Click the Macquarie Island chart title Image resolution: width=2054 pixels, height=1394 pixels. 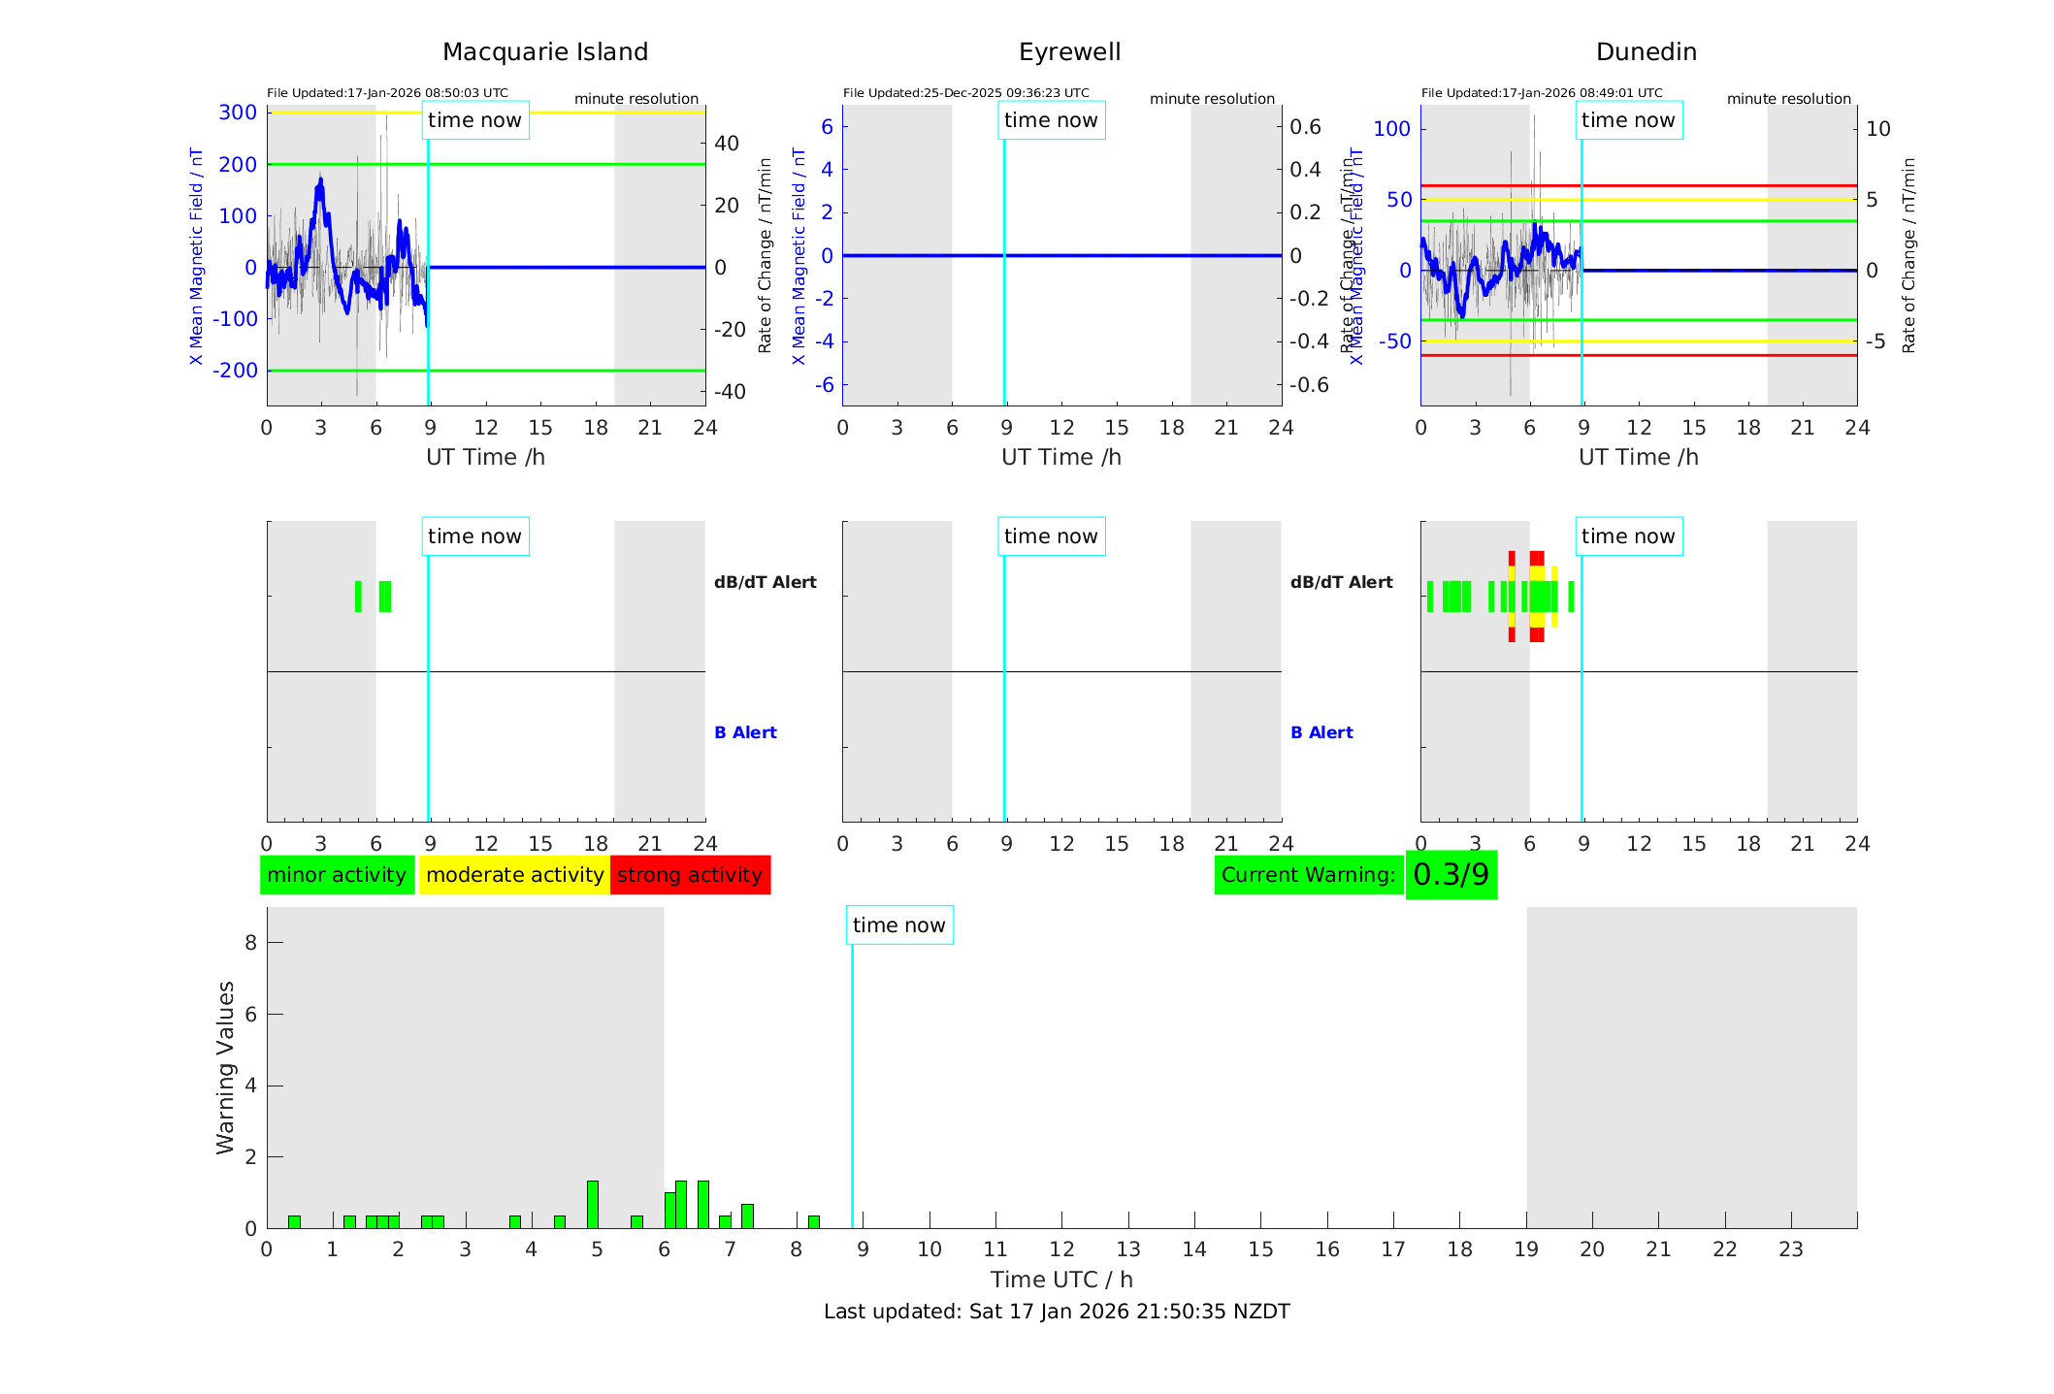coord(545,52)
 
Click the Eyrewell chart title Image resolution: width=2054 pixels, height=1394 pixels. coord(1069,52)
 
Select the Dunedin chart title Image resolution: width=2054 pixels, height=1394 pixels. coord(1646,52)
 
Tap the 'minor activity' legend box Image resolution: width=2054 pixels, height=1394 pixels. coord(337,875)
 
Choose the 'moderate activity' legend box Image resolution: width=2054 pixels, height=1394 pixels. coord(514,875)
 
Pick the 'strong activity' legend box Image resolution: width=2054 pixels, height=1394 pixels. coord(690,875)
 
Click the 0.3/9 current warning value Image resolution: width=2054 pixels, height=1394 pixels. coord(1451,875)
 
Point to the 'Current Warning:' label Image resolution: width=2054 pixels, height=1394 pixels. coord(1308,875)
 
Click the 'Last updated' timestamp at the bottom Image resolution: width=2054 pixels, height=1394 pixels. coord(1057,1312)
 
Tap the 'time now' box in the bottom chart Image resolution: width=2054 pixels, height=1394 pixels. coord(898,925)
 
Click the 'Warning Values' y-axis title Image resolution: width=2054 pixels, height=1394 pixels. coord(225,1067)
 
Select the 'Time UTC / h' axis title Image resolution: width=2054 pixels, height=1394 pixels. coord(1061,1280)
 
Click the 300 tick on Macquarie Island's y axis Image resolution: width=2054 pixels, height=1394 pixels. coord(238,113)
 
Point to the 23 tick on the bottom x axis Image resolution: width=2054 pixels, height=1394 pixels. coord(1790,1249)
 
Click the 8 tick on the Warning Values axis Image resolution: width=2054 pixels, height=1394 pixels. coord(250,943)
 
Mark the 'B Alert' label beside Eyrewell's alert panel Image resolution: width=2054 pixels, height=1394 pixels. coord(1321,732)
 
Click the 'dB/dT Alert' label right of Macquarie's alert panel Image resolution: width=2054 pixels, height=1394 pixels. coord(765,582)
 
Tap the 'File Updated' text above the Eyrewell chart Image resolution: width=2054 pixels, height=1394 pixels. coord(965,93)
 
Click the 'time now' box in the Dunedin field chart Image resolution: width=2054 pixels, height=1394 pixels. coord(1628,120)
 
